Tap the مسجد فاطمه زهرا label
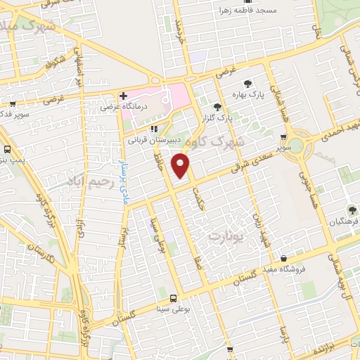[246, 11]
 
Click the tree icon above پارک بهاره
[247, 83]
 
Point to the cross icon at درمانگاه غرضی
[122, 95]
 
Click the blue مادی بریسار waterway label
[117, 183]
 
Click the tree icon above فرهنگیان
[352, 209]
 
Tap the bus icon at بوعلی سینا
[173, 297]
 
